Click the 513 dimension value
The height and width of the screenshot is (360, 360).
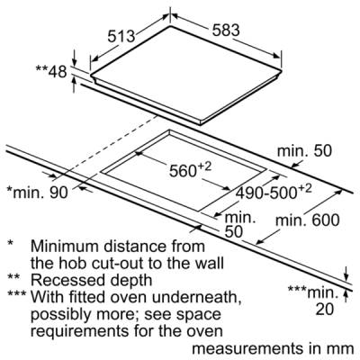click(121, 37)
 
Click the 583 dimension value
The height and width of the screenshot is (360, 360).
click(226, 31)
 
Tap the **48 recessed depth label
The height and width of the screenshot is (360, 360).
click(51, 71)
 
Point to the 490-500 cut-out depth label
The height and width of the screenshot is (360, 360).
click(274, 192)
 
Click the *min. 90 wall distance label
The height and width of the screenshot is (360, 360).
click(38, 193)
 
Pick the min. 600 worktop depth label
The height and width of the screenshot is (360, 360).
click(308, 220)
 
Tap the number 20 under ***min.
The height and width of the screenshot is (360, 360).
click(324, 310)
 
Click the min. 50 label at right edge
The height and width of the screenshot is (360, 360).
click(304, 151)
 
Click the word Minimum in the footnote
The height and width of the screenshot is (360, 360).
click(65, 247)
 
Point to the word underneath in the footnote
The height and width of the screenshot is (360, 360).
click(197, 297)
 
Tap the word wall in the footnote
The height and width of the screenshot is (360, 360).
click(211, 263)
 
